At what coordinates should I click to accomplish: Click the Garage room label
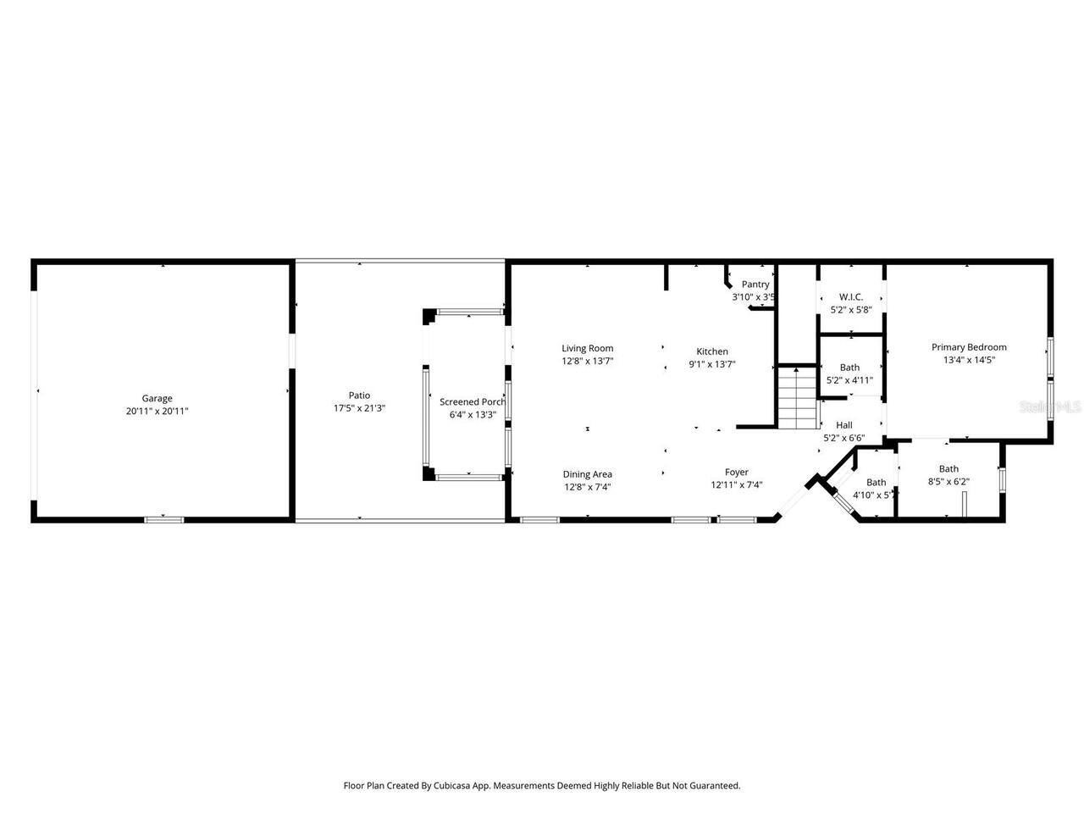(x=157, y=398)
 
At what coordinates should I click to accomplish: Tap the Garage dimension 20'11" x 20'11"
(x=157, y=411)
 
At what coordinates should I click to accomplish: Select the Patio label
(x=359, y=395)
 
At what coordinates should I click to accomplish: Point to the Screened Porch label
(x=472, y=402)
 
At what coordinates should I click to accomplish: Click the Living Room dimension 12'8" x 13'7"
(x=587, y=361)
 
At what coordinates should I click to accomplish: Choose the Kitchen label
(x=712, y=351)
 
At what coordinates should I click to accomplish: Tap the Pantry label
(x=755, y=285)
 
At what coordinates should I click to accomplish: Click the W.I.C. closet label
(x=850, y=296)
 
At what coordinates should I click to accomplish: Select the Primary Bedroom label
(x=969, y=347)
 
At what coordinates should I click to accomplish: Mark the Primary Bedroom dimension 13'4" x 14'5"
(x=969, y=360)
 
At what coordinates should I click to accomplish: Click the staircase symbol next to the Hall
(x=797, y=398)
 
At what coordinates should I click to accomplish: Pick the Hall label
(x=843, y=425)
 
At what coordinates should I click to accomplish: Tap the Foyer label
(x=736, y=473)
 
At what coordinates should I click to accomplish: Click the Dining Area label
(x=587, y=474)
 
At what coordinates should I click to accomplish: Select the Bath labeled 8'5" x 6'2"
(x=948, y=469)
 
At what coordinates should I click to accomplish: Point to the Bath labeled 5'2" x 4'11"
(x=849, y=368)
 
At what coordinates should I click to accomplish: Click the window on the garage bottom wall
(x=163, y=519)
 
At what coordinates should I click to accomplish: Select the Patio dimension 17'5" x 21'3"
(x=359, y=408)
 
